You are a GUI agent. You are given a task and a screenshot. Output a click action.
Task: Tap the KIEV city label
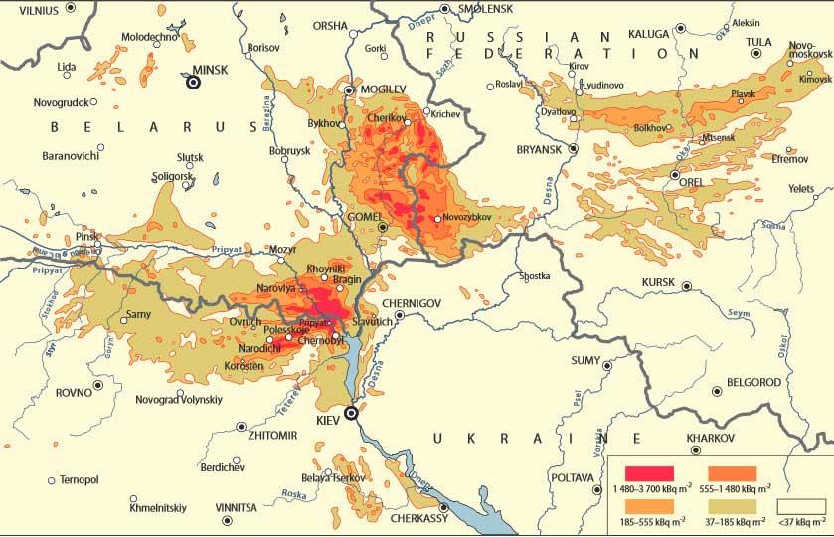coord(327,422)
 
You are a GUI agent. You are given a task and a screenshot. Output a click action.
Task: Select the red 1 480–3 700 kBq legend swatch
coord(651,473)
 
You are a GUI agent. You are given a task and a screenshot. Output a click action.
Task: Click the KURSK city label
coord(658,283)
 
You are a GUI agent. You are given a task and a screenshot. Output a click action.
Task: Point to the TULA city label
coord(758,41)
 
